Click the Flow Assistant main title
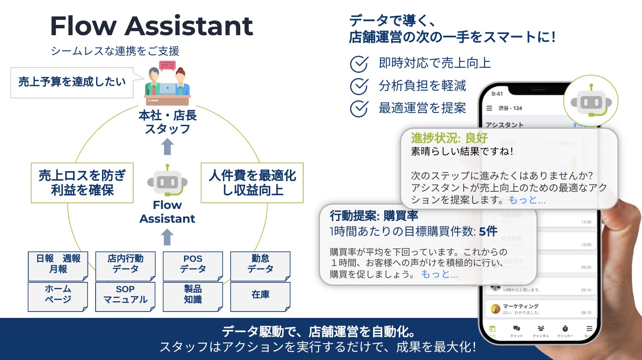[151, 26]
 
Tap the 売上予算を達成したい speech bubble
[72, 82]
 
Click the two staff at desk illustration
[167, 86]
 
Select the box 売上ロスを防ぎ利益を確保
[82, 183]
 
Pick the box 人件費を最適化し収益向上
[252, 183]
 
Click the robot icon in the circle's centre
[167, 182]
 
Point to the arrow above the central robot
[167, 147]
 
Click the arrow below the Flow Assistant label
[167, 237]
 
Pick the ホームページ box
[58, 296]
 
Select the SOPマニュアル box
[125, 296]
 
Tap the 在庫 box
[260, 296]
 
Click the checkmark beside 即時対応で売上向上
[359, 64]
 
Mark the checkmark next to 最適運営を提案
[359, 109]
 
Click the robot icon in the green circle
[591, 102]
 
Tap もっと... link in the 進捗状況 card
[527, 200]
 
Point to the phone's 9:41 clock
[497, 94]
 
